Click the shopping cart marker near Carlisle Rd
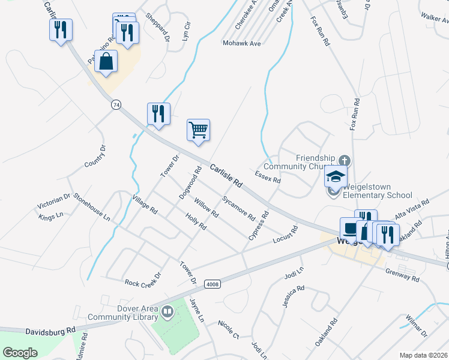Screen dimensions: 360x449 click(198, 130)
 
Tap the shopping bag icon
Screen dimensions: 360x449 click(106, 62)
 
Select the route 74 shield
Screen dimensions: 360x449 click(116, 104)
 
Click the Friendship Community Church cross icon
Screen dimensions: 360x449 click(344, 161)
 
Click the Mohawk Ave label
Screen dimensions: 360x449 click(241, 43)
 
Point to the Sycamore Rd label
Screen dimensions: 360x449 click(238, 206)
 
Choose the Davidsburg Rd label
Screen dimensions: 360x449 click(50, 331)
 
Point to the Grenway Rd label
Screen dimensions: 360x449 click(402, 274)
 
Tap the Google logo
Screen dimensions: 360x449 click(20, 353)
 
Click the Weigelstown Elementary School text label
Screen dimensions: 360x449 click(377, 195)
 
